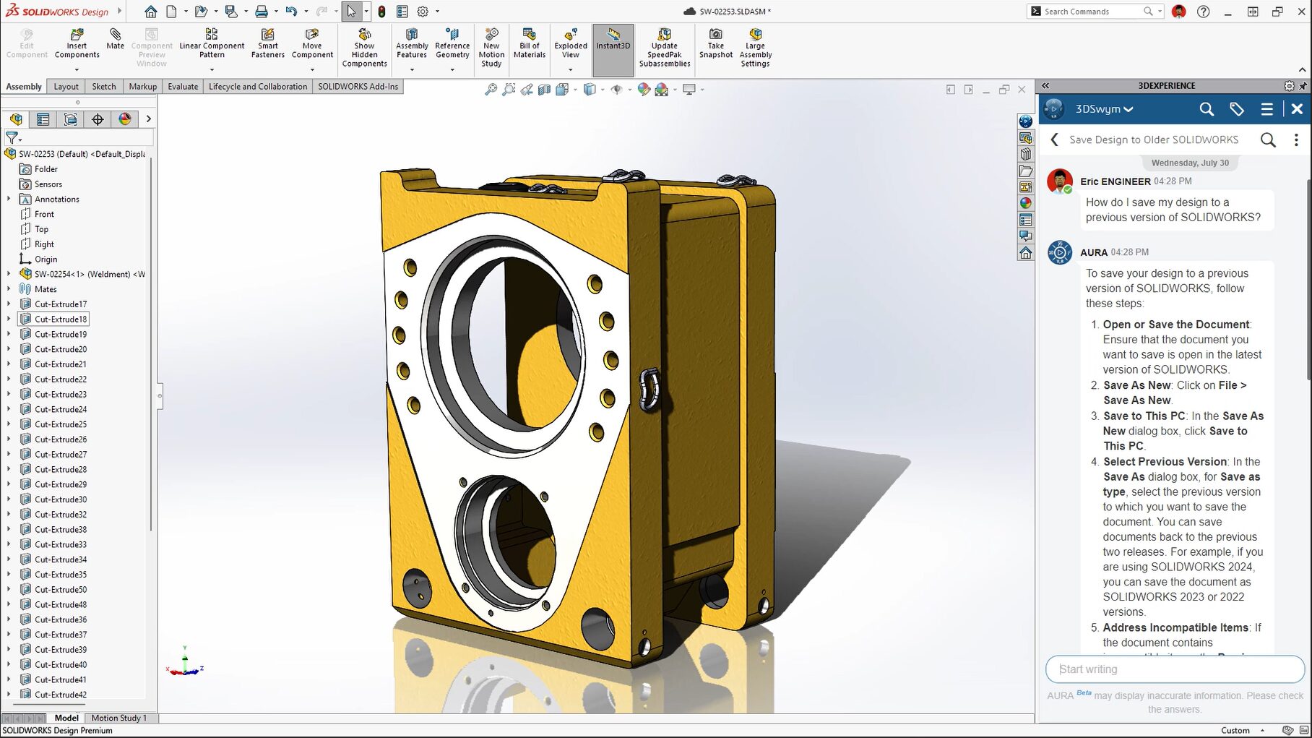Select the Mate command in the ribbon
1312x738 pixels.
coord(115,39)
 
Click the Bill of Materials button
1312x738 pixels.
coord(529,43)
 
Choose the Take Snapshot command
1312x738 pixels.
coord(715,43)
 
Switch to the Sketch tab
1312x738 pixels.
coord(103,87)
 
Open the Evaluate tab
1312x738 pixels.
coord(183,87)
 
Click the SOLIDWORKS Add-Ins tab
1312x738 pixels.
coord(358,87)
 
